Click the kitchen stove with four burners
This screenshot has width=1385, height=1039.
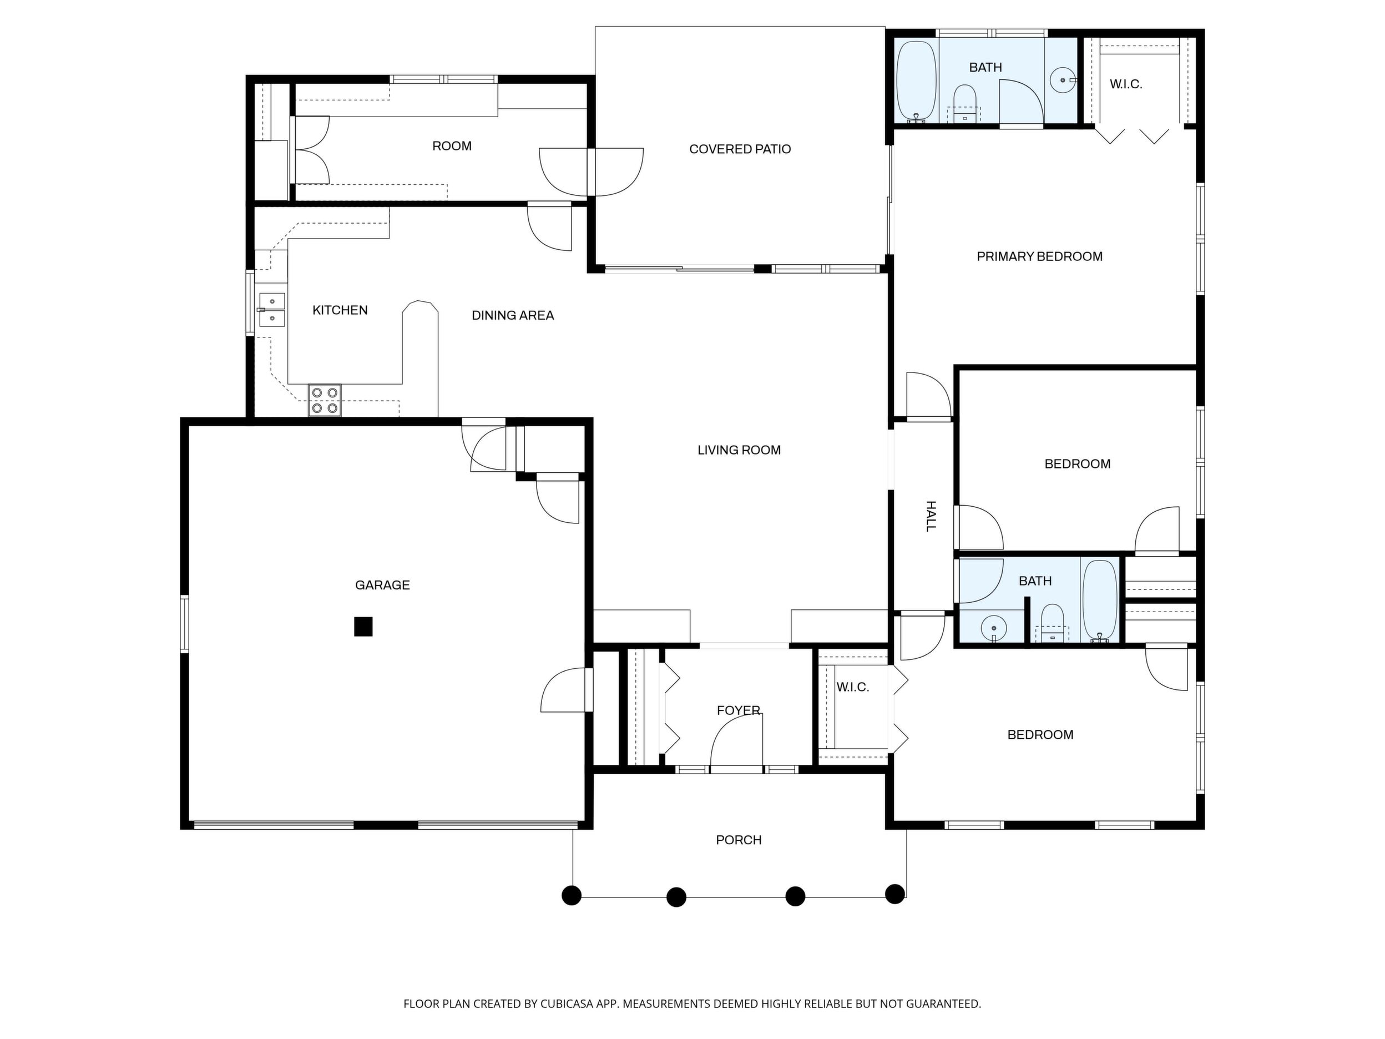[325, 400]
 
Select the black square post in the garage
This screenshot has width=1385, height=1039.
[363, 626]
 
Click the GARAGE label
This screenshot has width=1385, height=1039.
[382, 585]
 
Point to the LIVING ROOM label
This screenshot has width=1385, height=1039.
[739, 450]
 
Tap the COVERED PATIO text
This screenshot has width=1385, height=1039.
[740, 149]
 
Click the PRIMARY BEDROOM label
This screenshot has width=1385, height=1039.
[1039, 256]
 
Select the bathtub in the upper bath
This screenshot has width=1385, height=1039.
[916, 82]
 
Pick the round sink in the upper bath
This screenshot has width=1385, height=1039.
[1063, 80]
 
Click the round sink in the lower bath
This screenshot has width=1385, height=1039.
[994, 628]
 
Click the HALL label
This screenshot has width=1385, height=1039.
[931, 516]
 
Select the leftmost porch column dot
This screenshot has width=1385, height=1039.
[571, 895]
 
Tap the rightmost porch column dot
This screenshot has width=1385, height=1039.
[894, 894]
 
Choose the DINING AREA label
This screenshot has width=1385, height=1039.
[513, 316]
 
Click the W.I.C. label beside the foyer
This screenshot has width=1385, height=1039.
[853, 687]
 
